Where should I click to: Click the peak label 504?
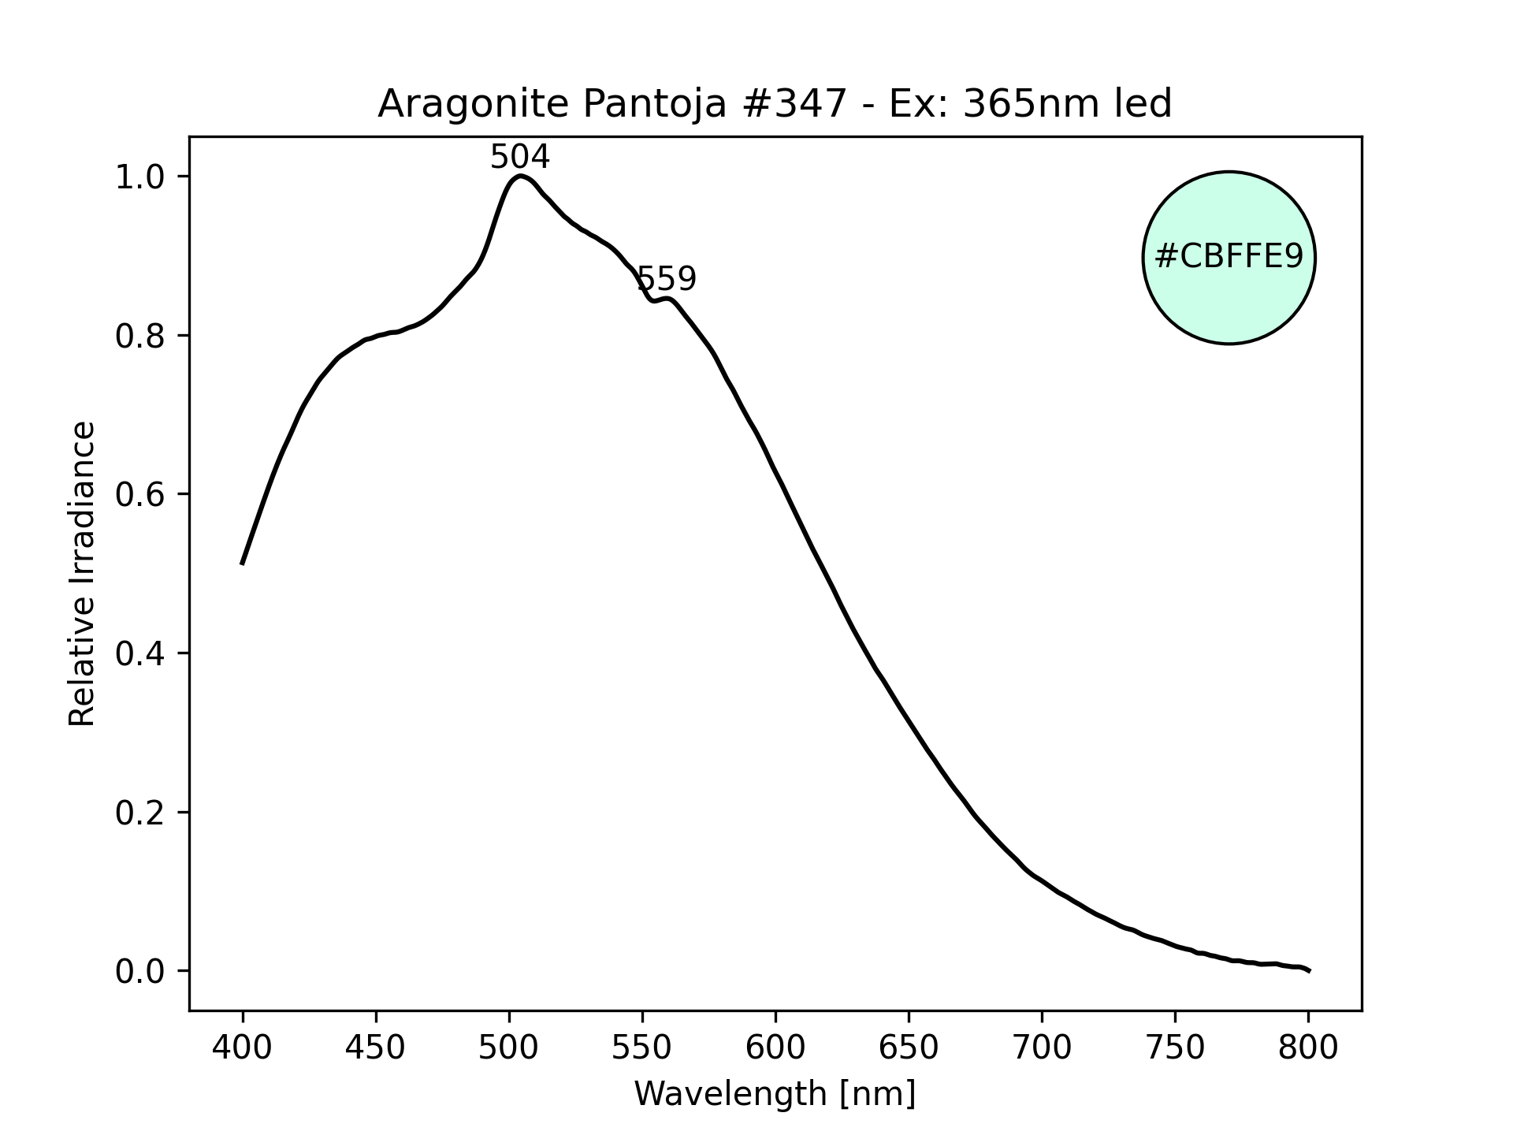519,158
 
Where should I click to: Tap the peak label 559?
667,279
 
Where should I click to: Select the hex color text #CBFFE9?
1229,257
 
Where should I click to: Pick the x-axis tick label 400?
243,1048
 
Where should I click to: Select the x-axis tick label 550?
642,1048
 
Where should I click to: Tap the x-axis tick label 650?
909,1048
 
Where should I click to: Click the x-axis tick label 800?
1308,1048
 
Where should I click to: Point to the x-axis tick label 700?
1042,1048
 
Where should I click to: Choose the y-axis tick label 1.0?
140,177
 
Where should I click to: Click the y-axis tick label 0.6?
140,495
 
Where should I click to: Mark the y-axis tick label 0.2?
140,813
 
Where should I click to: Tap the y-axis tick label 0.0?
140,972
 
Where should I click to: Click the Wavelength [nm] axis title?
775,1094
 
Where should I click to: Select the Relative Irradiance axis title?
83,573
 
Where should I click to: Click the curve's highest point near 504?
520,176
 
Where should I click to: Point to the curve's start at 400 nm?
243,564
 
